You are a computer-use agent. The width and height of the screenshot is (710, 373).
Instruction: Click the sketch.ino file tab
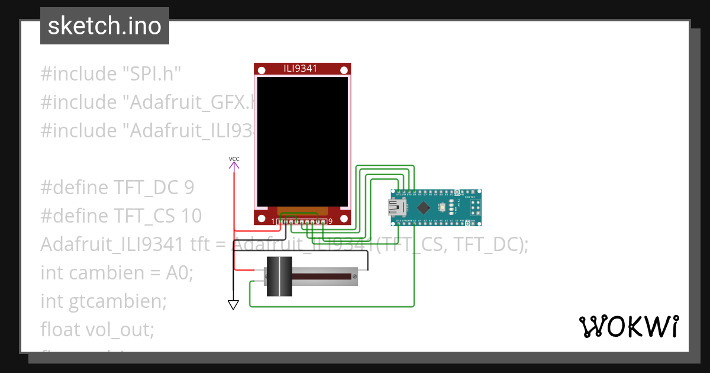point(105,26)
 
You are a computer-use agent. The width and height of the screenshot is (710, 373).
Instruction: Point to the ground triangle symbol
point(233,304)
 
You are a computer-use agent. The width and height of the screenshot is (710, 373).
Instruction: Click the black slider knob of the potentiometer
point(279,276)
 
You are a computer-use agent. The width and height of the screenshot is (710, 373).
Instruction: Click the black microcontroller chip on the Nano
point(424,208)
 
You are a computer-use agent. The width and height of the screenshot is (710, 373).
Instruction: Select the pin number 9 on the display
point(330,221)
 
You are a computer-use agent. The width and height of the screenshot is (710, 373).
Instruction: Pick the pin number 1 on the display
point(273,221)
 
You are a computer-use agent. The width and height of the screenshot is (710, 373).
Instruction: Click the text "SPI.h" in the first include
point(151,74)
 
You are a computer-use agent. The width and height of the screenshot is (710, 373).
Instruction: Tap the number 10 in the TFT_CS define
point(191,216)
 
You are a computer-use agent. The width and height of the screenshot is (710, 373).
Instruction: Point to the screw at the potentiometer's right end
point(354,276)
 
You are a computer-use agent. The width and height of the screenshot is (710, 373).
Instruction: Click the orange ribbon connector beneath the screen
point(302,211)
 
